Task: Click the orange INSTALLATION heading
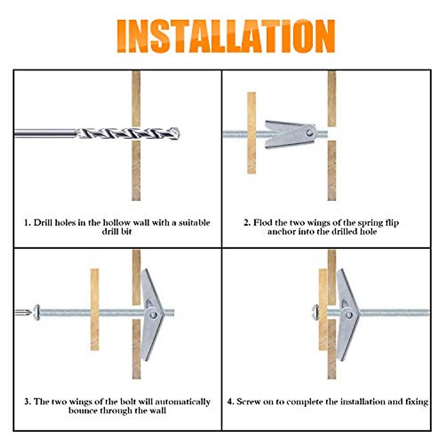click(x=226, y=36)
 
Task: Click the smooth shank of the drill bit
click(x=45, y=134)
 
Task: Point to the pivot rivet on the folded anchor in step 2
click(x=310, y=133)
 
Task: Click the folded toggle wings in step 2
click(x=290, y=134)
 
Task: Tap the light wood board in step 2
click(x=251, y=133)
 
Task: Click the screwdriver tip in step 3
click(x=23, y=312)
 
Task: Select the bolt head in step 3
click(x=37, y=312)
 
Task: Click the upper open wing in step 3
click(x=151, y=290)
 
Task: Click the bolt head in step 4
click(x=316, y=312)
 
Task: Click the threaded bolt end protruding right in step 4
click(x=394, y=312)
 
